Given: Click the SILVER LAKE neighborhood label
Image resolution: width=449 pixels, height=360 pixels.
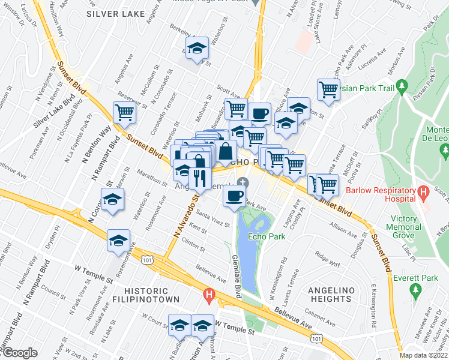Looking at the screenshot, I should (x=115, y=13).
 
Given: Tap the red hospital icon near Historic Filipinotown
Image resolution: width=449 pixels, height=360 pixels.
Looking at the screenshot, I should (x=209, y=295).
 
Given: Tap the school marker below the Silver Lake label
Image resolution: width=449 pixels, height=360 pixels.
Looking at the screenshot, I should (x=196, y=47).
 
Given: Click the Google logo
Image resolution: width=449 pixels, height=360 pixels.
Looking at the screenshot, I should (x=19, y=353).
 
